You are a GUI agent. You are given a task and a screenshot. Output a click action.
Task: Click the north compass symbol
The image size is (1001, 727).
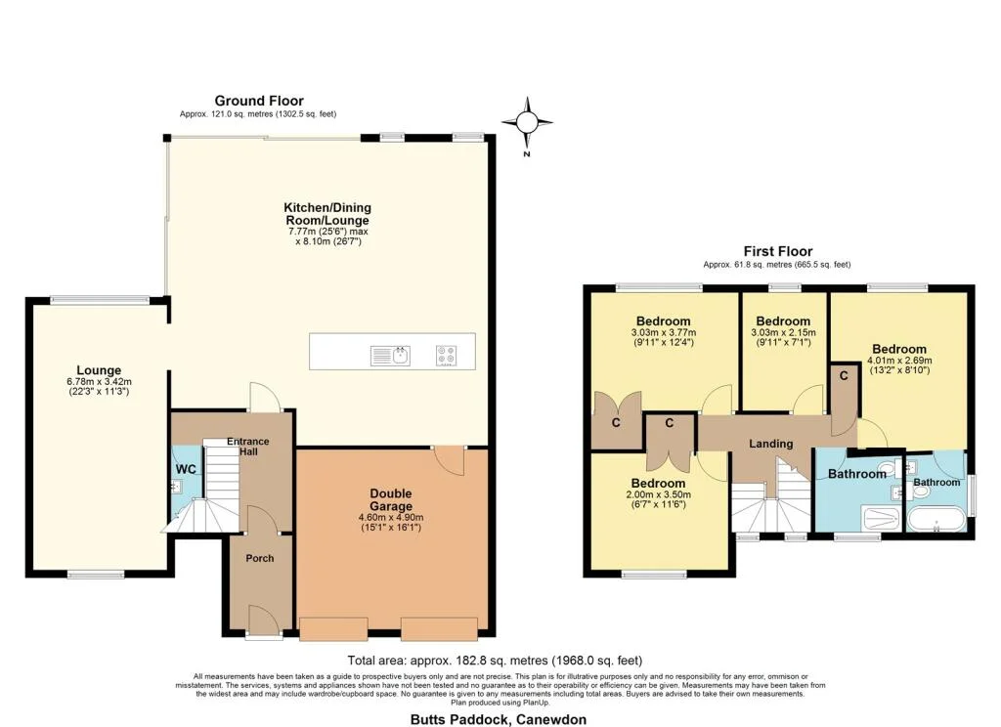click(527, 122)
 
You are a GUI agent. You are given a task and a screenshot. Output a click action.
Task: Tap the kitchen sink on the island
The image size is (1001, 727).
click(390, 356)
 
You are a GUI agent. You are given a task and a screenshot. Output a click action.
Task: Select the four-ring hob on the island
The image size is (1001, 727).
click(446, 356)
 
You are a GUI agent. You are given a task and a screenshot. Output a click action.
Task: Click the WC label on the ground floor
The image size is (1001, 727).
click(186, 470)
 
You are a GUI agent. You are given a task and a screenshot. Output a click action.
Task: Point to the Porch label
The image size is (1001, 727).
click(260, 559)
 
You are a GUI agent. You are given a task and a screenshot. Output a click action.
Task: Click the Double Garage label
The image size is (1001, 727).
click(391, 499)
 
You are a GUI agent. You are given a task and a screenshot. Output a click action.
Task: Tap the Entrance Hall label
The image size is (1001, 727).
click(248, 447)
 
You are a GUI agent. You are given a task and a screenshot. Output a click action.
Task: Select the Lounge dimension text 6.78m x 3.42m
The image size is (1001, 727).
click(99, 382)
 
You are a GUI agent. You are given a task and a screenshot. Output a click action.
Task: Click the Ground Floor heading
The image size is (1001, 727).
click(258, 101)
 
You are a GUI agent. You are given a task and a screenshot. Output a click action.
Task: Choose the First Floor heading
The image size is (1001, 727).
click(777, 251)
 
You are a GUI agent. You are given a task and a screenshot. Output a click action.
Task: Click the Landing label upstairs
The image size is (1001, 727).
click(771, 444)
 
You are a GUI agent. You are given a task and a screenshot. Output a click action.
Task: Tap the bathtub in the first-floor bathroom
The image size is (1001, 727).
click(936, 521)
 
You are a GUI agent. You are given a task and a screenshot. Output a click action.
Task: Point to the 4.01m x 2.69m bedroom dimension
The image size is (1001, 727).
click(899, 360)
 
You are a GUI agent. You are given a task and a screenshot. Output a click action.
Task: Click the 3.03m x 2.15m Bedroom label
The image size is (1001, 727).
click(783, 321)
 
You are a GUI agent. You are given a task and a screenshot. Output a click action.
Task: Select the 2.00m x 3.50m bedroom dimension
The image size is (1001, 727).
click(658, 494)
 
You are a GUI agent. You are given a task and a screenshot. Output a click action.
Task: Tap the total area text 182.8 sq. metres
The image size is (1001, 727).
click(495, 661)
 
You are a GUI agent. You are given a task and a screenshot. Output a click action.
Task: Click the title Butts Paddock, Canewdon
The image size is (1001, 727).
click(498, 720)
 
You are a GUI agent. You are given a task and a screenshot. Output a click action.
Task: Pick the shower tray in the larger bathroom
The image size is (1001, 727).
click(881, 518)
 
